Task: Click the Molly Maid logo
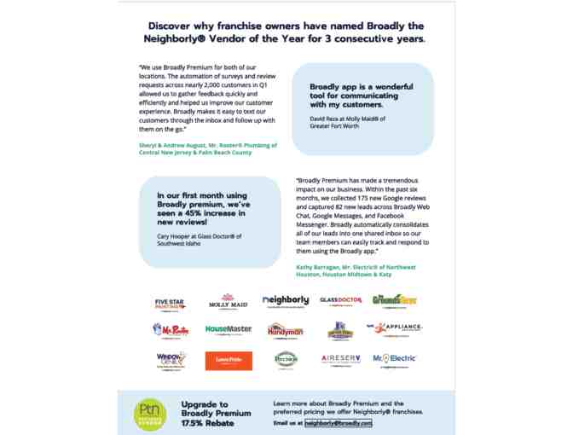tap(228, 302)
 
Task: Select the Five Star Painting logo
tap(170, 302)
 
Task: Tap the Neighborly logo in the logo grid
tap(286, 301)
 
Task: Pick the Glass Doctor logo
tap(340, 300)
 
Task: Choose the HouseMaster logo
tap(229, 328)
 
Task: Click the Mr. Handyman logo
tap(286, 329)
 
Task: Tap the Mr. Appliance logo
tap(394, 328)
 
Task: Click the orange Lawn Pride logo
tap(229, 361)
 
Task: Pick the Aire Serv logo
tap(340, 359)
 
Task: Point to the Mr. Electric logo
tap(394, 359)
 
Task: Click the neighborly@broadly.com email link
tap(338, 422)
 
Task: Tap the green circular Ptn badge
tap(148, 413)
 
